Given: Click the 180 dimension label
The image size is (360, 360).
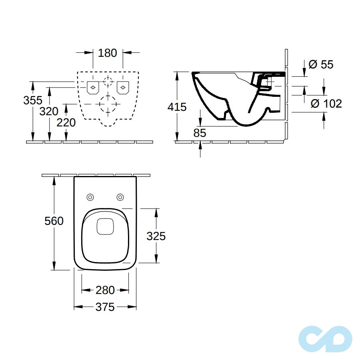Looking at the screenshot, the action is [x=108, y=53].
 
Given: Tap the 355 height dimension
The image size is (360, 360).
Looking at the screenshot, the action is [x=33, y=100].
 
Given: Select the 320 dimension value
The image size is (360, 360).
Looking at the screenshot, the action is [x=49, y=111].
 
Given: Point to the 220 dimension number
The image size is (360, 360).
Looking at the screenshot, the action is [x=66, y=122].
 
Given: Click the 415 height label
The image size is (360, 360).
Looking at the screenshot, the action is [x=177, y=107].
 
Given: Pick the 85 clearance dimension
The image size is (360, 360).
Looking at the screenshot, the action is [x=200, y=133].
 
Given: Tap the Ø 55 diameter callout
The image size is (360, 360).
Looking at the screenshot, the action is [x=321, y=64].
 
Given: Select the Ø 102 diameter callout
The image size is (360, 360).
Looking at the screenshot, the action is [x=326, y=104].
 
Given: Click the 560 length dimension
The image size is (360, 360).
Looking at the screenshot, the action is [x=54, y=221].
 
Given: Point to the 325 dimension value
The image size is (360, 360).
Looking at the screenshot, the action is [x=156, y=236].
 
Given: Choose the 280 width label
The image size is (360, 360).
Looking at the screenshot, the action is [x=105, y=290].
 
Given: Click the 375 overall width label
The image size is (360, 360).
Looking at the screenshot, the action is [x=105, y=307].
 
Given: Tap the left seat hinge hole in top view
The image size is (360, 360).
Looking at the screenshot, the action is [x=90, y=197].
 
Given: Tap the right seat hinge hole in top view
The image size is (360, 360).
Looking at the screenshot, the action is [x=120, y=197].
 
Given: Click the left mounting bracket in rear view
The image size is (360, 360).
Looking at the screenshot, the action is [x=93, y=88].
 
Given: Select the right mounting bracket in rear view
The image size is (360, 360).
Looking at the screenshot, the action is [x=123, y=88].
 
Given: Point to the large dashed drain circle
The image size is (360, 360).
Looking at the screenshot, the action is [x=108, y=104].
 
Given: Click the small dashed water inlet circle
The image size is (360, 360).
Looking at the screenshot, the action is [x=108, y=81].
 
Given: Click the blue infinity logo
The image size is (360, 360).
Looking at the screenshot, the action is [x=325, y=339].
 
